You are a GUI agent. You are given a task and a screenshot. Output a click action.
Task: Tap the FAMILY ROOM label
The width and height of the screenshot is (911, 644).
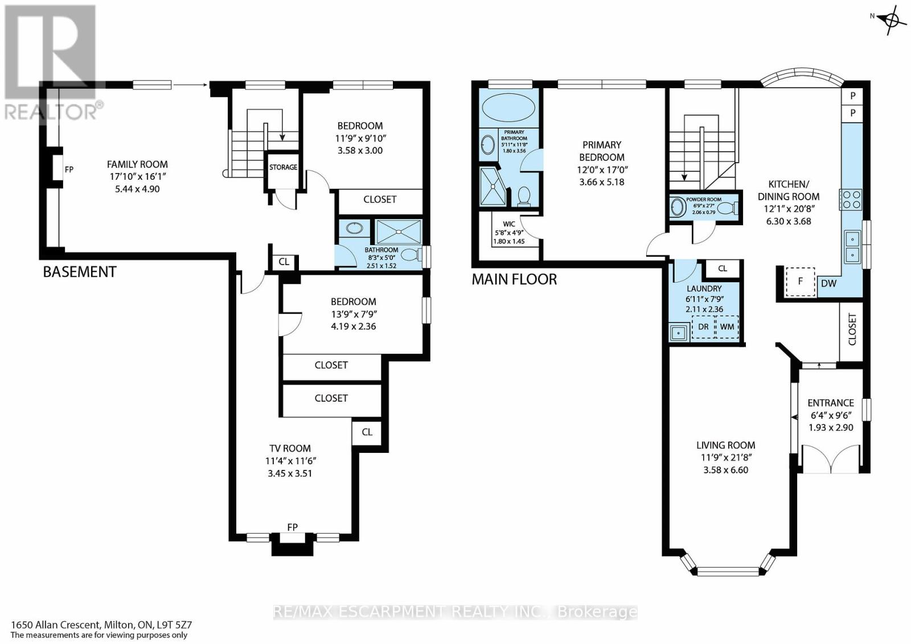(x=137, y=164)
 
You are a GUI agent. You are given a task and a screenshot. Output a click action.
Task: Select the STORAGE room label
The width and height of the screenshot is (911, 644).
(x=283, y=167)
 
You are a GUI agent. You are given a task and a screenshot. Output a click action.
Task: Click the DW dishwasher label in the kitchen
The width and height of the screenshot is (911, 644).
(x=828, y=284)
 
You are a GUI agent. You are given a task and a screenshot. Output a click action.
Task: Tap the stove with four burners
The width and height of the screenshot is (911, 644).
(x=851, y=200)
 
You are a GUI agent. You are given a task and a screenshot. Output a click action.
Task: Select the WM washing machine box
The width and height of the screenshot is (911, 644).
(x=727, y=327)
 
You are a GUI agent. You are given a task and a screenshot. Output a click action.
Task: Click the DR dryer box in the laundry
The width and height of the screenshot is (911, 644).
(x=703, y=327)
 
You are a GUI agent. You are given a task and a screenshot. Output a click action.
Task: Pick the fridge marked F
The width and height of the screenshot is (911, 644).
(x=800, y=282)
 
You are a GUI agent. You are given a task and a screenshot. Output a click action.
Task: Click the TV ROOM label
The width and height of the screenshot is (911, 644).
(x=290, y=448)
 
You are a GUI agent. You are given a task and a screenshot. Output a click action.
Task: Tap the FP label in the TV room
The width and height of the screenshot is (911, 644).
(x=293, y=527)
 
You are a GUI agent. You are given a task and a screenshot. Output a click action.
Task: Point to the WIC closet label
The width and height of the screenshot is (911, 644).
(x=509, y=224)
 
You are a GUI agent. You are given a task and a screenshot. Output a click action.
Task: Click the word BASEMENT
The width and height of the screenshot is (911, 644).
(x=80, y=272)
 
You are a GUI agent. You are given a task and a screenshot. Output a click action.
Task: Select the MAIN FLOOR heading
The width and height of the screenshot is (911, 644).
(x=514, y=279)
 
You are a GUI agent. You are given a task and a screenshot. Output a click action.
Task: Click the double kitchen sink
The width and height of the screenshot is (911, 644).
(x=852, y=247)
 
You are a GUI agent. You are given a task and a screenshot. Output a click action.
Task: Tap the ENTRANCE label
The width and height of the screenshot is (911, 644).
(x=831, y=403)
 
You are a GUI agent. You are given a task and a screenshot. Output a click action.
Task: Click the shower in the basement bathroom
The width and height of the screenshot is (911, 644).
(x=399, y=232)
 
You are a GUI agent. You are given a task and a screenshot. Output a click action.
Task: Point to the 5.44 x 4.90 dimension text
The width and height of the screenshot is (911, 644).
(x=137, y=189)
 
